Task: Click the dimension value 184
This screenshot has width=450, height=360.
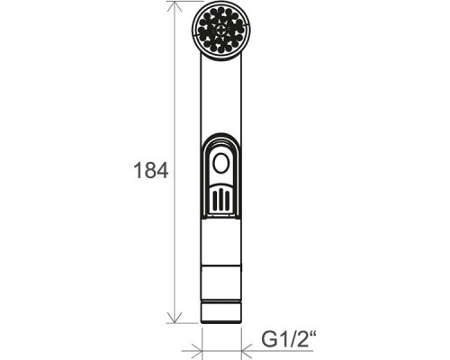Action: (150, 170)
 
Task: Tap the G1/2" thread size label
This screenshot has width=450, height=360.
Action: (289, 339)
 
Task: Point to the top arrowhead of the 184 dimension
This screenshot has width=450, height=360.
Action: (175, 6)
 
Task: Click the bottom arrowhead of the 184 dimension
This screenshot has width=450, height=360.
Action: (175, 318)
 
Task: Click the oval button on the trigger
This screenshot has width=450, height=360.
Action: (220, 163)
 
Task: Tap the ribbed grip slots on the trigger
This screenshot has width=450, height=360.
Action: (220, 198)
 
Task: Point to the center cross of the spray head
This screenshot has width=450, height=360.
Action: (220, 30)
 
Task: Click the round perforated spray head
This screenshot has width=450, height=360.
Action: (220, 31)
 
